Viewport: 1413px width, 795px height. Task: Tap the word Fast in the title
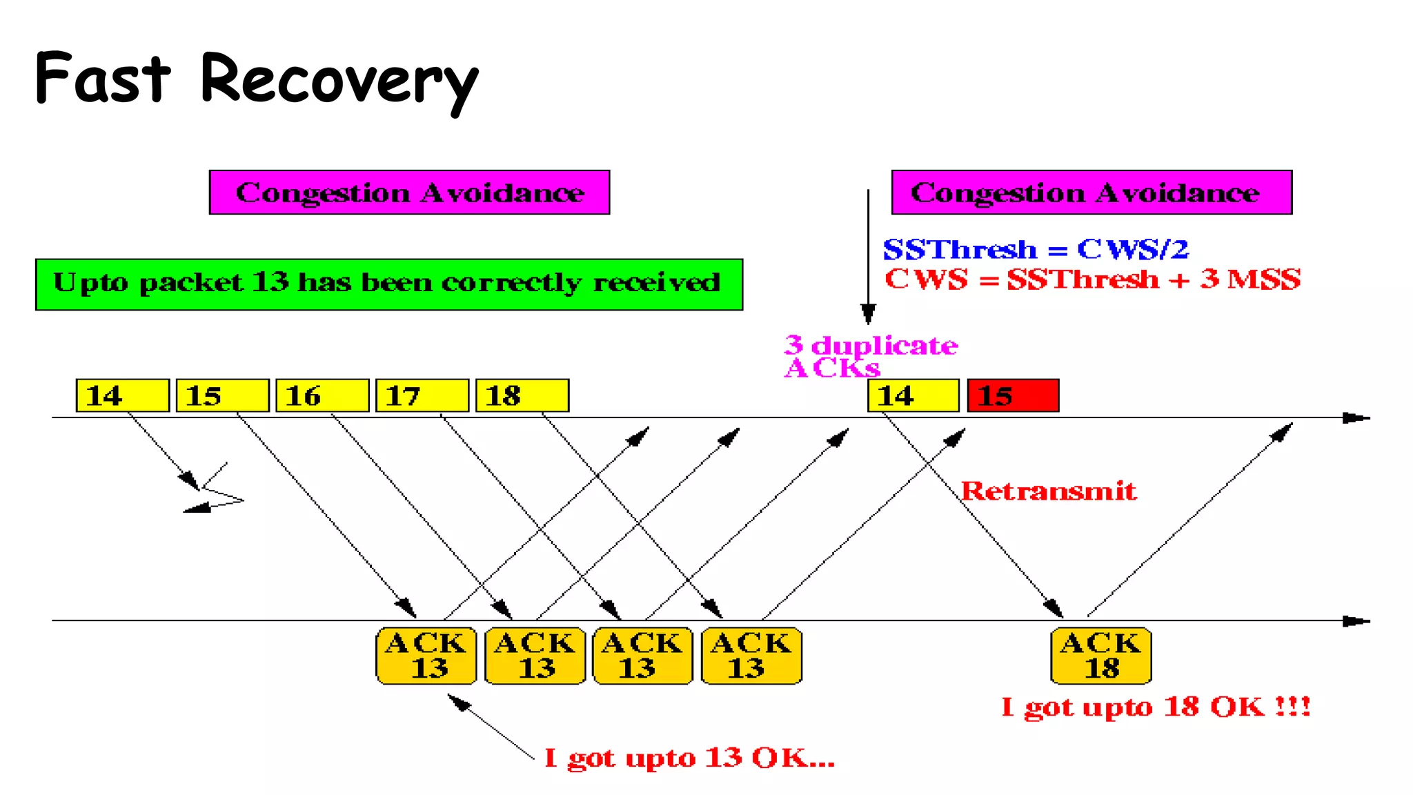103,78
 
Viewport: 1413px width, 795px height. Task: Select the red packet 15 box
1013,395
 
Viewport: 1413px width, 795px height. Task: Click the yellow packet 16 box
322,395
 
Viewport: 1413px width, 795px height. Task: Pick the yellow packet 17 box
422,395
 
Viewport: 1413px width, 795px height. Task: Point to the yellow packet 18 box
522,395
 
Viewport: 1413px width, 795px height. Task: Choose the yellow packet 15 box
222,395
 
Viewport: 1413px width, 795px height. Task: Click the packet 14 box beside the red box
913,395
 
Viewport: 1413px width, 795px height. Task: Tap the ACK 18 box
1101,656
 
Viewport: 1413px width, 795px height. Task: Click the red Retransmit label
1048,491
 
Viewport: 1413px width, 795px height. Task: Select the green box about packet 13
389,284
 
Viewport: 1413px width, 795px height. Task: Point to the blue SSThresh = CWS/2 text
1036,249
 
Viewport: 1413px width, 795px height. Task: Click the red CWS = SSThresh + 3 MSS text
1092,279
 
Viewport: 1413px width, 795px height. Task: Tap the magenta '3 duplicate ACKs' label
869,356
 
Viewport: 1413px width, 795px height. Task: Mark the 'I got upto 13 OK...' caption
689,758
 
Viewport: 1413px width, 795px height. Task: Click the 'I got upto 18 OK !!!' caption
1156,707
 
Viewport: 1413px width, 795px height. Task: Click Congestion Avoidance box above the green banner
409,193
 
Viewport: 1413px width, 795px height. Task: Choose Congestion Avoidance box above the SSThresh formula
1091,193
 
